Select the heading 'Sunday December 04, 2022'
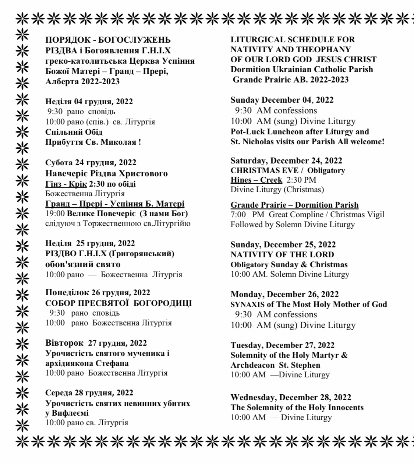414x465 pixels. tap(282, 100)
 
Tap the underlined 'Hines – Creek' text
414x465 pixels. tap(256, 180)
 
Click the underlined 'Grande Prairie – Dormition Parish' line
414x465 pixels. tap(294, 205)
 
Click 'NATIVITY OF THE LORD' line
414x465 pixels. tap(282, 254)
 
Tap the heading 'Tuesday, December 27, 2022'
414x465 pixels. tap(282, 345)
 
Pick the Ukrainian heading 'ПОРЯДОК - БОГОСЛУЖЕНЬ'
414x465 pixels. tap(108, 40)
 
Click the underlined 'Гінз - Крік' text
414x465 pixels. tap(66, 183)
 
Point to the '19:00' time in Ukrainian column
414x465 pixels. tap(55, 214)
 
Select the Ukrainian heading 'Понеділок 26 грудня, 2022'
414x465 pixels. tap(98, 292)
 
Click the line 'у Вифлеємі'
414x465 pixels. tap(67, 413)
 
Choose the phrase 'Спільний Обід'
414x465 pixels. tap(74, 132)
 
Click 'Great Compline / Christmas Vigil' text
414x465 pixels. tap(326, 215)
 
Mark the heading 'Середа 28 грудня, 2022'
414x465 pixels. tap(89, 392)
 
